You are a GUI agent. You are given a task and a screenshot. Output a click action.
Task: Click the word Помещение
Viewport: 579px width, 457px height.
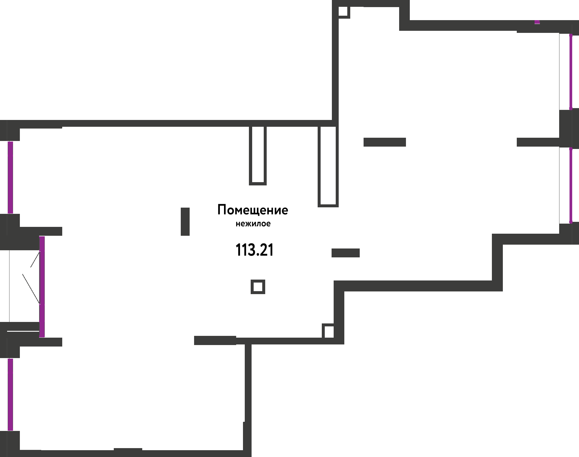pyautogui.click(x=253, y=210)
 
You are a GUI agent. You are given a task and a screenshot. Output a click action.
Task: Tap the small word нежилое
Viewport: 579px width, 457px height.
pyautogui.click(x=253, y=224)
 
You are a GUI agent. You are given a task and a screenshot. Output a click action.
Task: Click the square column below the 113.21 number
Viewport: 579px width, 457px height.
pyautogui.click(x=258, y=287)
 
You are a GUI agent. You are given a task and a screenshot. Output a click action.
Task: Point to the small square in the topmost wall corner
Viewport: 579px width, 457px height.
pyautogui.click(x=343, y=12)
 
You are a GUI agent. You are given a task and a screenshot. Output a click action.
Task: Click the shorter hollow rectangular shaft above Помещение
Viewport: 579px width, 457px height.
pyautogui.click(x=258, y=155)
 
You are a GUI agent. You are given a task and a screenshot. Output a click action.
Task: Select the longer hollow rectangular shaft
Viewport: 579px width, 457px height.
pyautogui.click(x=328, y=166)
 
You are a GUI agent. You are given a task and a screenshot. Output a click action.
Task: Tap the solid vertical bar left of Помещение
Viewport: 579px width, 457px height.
pyautogui.click(x=185, y=222)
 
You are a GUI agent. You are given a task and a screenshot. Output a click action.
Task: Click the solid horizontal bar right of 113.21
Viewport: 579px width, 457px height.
pyautogui.click(x=346, y=253)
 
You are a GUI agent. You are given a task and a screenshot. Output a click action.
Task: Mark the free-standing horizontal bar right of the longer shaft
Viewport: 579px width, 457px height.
pyautogui.click(x=385, y=142)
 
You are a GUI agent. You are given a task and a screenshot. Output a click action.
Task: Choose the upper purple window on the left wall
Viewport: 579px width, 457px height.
pyautogui.click(x=10, y=177)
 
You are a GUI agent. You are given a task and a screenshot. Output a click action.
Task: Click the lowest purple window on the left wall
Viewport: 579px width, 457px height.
pyautogui.click(x=10, y=395)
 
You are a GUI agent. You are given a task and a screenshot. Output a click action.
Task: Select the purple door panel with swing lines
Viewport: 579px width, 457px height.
pyautogui.click(x=42, y=286)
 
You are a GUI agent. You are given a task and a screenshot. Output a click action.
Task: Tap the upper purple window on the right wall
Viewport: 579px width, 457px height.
pyautogui.click(x=571, y=71)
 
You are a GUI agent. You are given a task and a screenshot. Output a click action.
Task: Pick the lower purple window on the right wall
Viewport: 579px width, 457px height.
pyautogui.click(x=571, y=185)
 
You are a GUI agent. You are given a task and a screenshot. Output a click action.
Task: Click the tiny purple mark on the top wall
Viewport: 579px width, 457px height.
pyautogui.click(x=537, y=22)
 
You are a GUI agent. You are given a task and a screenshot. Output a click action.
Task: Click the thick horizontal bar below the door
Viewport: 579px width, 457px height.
pyautogui.click(x=215, y=340)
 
